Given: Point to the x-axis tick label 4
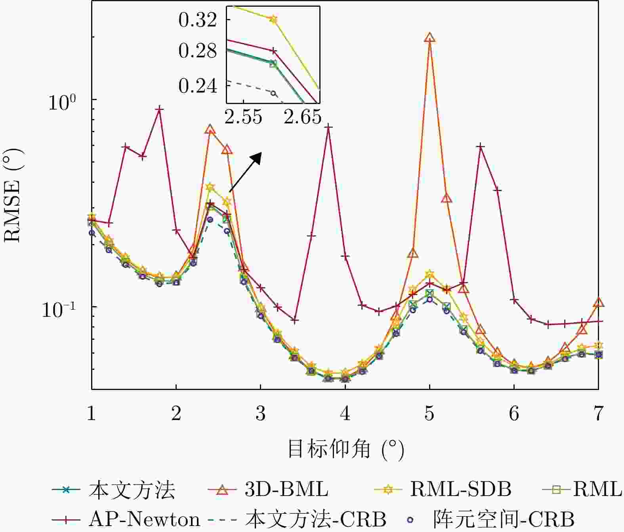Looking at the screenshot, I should pos(345,414).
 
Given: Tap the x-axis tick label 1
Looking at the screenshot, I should pos(92,414).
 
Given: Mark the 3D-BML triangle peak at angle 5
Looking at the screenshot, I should pos(430,38).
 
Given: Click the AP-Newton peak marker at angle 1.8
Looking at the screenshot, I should pos(159,110).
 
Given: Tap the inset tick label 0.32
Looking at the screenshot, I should pos(198,20).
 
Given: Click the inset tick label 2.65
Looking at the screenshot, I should pos(302,117).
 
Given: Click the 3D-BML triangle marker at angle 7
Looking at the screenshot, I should pos(598,303).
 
